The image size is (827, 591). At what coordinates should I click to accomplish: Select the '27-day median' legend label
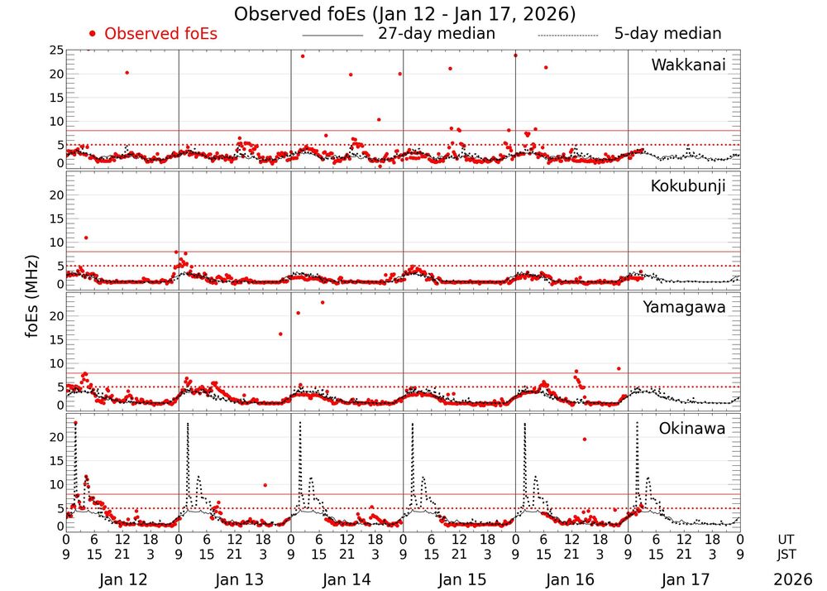(x=437, y=34)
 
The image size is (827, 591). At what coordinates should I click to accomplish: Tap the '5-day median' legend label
(x=667, y=34)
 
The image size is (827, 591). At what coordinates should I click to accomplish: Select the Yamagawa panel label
(x=684, y=307)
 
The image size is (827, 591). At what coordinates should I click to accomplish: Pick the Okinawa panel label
(x=691, y=429)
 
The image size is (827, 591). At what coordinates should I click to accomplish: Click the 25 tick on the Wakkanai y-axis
(x=56, y=50)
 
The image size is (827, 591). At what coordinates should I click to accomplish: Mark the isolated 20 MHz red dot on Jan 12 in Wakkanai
(x=127, y=73)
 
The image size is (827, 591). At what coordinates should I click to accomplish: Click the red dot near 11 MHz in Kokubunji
(x=86, y=238)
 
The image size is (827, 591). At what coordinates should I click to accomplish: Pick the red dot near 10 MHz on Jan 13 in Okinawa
(x=265, y=485)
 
